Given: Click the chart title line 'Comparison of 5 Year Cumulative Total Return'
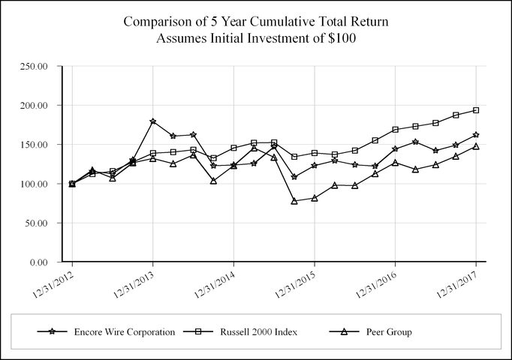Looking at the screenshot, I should [x=255, y=21].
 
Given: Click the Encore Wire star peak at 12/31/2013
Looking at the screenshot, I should [x=152, y=121].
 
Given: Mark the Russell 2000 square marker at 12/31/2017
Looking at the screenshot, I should [x=476, y=110].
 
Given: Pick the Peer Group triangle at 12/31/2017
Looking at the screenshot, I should [x=476, y=146].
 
